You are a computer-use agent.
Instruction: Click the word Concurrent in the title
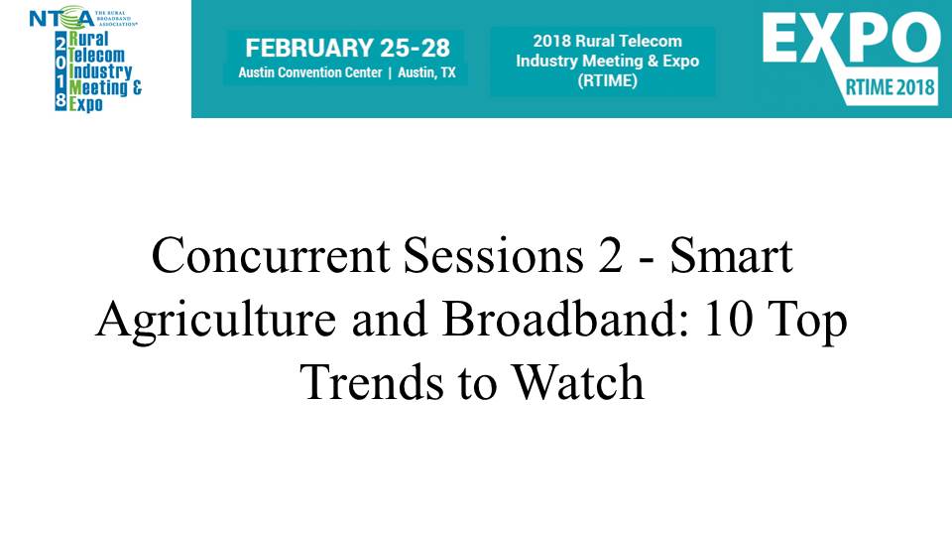[271, 255]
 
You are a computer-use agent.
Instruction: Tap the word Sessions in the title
[493, 255]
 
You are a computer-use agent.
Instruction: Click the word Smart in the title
[731, 255]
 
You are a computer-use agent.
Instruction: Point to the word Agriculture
[215, 321]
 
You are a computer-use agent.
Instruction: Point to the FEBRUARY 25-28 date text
[347, 48]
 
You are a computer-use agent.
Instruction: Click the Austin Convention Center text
[310, 72]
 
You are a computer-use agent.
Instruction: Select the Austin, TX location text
[426, 72]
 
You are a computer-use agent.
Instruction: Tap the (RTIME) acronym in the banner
[607, 80]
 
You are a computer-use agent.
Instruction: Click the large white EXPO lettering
[851, 39]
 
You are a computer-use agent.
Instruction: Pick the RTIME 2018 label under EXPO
[890, 87]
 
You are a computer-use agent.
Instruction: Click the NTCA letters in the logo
[61, 18]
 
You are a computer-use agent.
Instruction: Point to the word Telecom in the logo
[96, 56]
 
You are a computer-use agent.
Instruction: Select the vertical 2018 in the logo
[60, 70]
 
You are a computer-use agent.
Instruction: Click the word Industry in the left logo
[100, 71]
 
